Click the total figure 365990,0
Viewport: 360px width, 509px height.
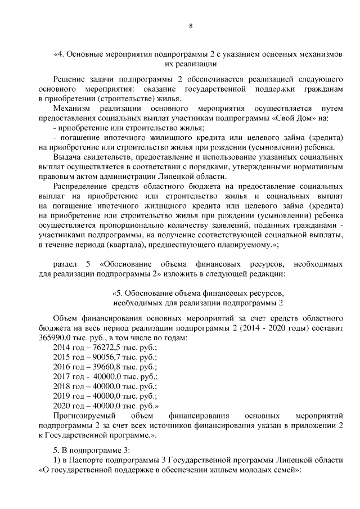[x=55, y=337]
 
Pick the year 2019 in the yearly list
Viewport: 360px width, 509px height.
[x=62, y=395]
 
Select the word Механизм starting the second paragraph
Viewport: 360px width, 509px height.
[x=70, y=109]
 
